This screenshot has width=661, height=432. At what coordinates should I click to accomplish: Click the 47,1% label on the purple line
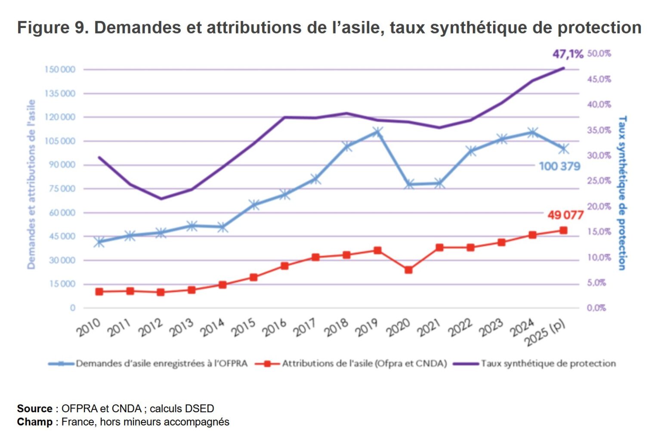tap(568, 54)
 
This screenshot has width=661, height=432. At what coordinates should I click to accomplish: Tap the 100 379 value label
tap(559, 166)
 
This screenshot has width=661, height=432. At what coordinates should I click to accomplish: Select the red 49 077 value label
tap(565, 215)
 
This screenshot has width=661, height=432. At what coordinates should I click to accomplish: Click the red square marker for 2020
tap(408, 270)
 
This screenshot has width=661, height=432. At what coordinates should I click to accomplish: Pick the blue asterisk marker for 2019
tap(377, 132)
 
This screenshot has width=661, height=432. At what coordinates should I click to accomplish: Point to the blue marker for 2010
tap(99, 242)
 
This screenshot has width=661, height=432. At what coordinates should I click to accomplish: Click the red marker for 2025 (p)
tap(563, 231)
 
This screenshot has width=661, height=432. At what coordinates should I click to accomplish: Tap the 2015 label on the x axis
tap(244, 328)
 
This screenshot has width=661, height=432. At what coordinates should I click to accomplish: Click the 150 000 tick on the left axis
tap(60, 70)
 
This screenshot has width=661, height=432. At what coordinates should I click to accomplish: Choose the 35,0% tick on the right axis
tap(599, 130)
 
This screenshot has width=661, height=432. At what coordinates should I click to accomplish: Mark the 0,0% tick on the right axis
tap(596, 308)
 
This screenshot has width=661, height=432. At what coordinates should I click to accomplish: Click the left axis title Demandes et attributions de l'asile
tap(31, 185)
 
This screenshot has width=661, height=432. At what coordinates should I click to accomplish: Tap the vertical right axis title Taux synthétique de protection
tap(622, 193)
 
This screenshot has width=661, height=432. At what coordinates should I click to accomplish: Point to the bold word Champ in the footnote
tap(35, 422)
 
